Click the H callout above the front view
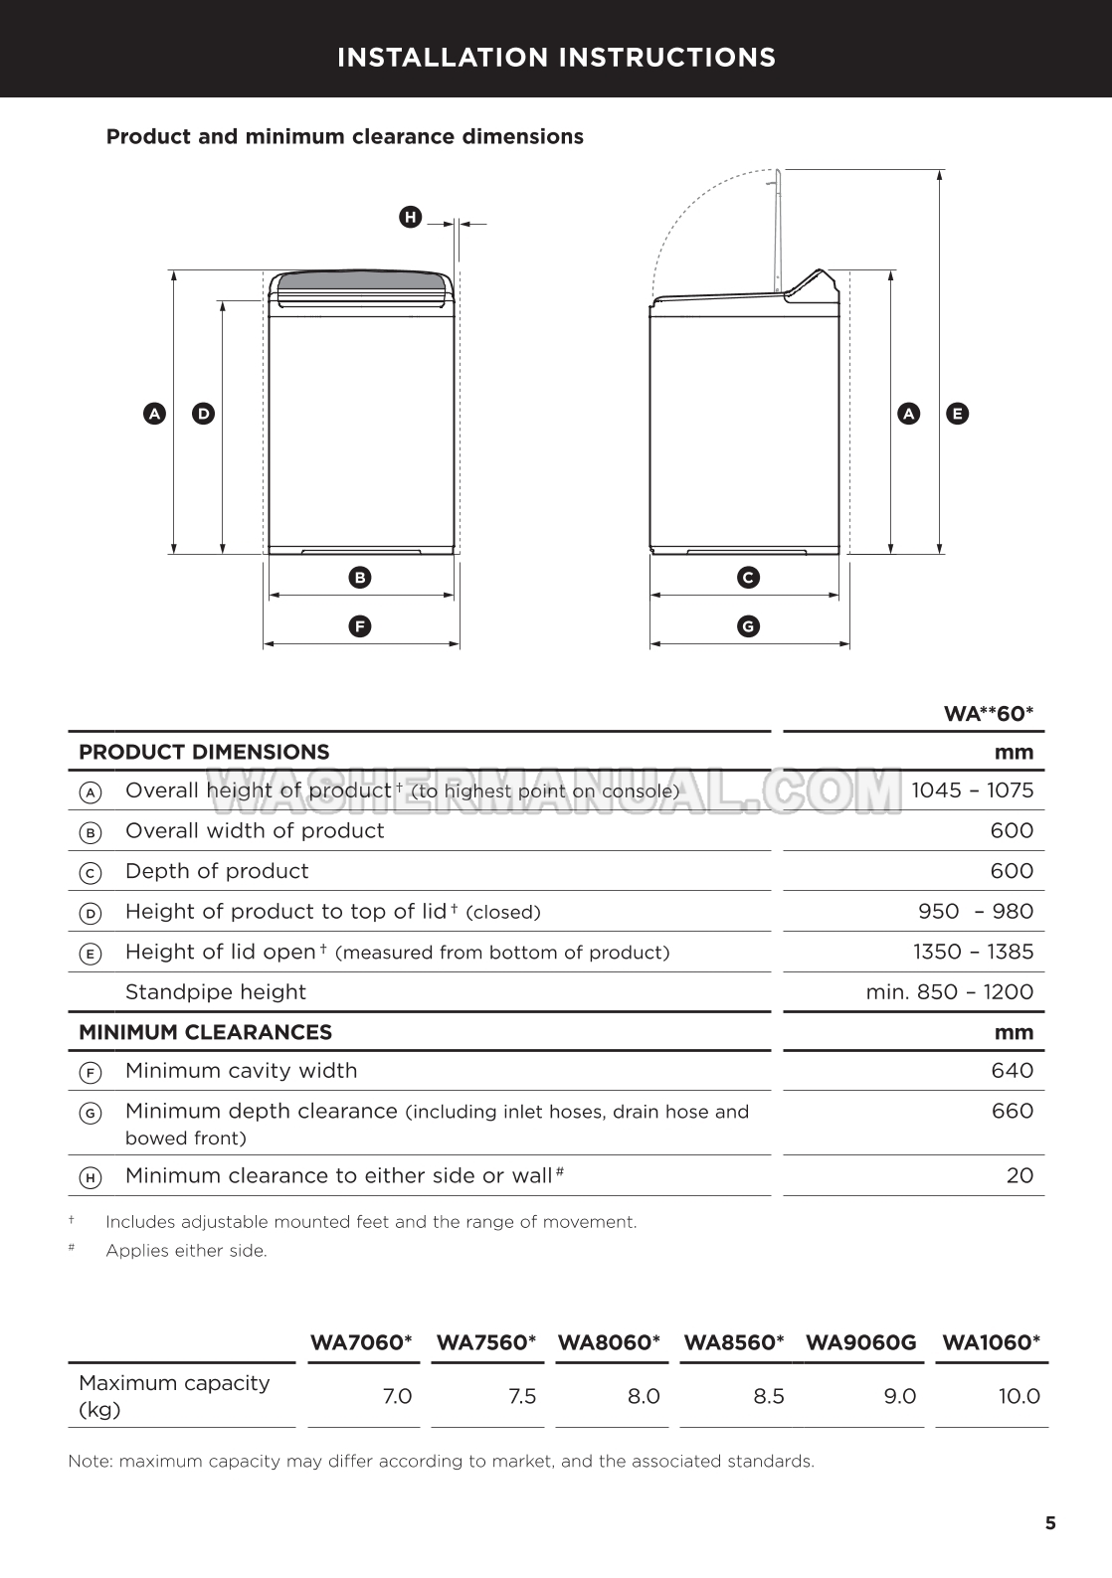(410, 217)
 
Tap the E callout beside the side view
(957, 414)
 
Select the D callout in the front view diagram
(203, 414)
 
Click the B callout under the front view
(360, 577)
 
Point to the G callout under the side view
(748, 626)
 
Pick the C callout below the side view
(748, 577)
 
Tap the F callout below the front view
(360, 626)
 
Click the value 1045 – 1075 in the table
(972, 790)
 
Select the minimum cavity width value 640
(1012, 1071)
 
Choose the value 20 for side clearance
(1019, 1175)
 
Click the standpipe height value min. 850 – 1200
(949, 991)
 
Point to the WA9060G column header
(860, 1342)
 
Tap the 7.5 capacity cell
(521, 1396)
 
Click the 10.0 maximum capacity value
(1019, 1396)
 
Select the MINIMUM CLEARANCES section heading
(205, 1032)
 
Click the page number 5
(1050, 1523)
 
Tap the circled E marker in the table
(90, 954)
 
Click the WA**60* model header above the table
(988, 713)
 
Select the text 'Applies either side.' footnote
(186, 1251)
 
